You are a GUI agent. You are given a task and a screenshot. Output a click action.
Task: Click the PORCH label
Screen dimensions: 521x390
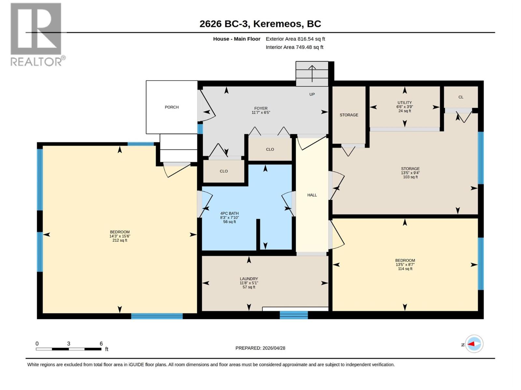(x=172, y=107)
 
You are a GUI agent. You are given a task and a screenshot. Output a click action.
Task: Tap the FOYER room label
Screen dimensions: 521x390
(x=261, y=108)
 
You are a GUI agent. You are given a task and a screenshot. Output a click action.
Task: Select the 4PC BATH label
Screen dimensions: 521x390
(x=229, y=213)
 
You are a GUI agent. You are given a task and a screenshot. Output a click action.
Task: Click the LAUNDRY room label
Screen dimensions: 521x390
(x=249, y=279)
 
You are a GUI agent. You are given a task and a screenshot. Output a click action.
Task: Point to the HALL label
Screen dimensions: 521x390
(x=312, y=195)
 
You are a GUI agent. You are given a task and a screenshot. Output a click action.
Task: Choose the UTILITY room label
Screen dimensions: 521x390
(x=404, y=102)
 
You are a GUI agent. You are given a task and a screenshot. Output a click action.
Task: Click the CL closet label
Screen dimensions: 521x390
(x=461, y=97)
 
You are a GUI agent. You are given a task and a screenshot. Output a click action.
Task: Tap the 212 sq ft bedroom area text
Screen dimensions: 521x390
(x=120, y=240)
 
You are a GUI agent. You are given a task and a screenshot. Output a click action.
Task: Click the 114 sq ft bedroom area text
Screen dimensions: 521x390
(x=405, y=269)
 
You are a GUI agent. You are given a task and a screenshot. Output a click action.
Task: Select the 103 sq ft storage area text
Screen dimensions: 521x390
(x=410, y=177)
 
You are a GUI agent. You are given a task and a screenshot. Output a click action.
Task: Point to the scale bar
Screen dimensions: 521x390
(x=69, y=349)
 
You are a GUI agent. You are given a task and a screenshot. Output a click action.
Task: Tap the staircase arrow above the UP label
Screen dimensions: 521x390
(x=312, y=74)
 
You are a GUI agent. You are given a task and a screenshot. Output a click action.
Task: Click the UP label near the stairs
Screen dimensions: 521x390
(x=312, y=94)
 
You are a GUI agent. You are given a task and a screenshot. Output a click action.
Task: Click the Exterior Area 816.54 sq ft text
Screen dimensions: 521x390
(x=295, y=39)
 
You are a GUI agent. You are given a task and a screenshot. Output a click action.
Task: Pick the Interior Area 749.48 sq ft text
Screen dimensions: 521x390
(x=294, y=47)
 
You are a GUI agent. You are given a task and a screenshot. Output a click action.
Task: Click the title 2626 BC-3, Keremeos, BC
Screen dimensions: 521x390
(x=260, y=24)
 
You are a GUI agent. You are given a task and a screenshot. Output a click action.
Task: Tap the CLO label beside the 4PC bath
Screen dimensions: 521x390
(x=224, y=171)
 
